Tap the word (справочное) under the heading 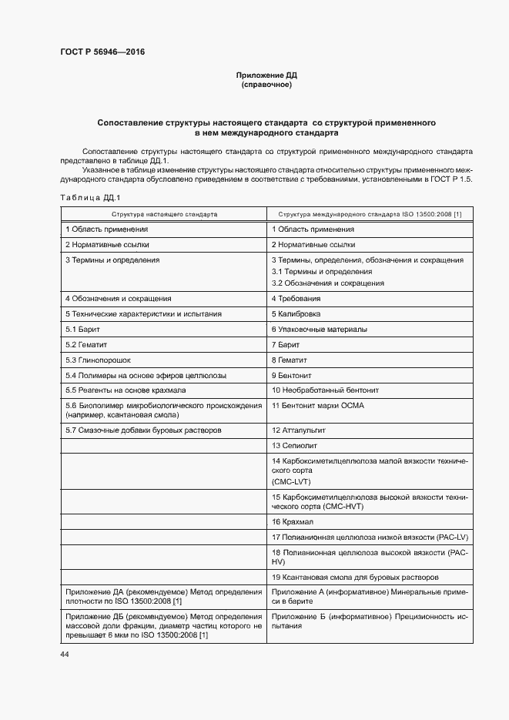[266, 85]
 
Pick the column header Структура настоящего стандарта [164, 214]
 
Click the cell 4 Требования [296, 299]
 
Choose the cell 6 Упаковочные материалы [319, 330]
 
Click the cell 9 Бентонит [294, 376]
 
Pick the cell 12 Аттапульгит [301, 430]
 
